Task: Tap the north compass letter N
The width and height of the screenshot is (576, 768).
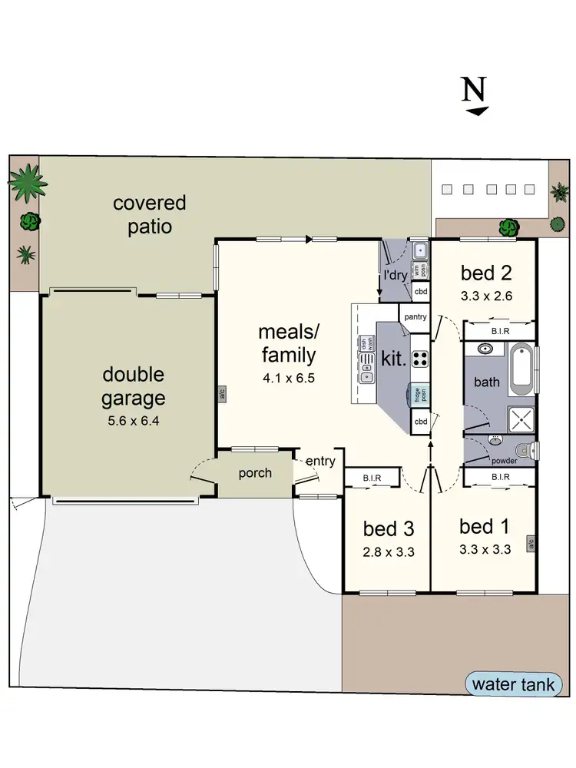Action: [x=475, y=90]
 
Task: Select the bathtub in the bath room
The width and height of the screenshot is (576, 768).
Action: [x=521, y=366]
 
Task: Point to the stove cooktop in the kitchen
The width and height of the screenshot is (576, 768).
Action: [x=421, y=358]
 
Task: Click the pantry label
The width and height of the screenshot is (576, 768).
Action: [x=415, y=316]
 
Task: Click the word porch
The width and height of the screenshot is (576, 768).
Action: [x=254, y=473]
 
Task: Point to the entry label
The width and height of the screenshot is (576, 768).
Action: [x=320, y=461]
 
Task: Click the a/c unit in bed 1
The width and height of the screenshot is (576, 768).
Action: [x=530, y=544]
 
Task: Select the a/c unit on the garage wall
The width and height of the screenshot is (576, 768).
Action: [x=220, y=393]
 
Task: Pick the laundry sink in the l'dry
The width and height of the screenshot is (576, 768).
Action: [x=420, y=250]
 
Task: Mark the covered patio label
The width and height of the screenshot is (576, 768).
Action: [x=149, y=215]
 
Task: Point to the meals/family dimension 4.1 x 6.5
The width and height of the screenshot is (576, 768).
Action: [x=288, y=378]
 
